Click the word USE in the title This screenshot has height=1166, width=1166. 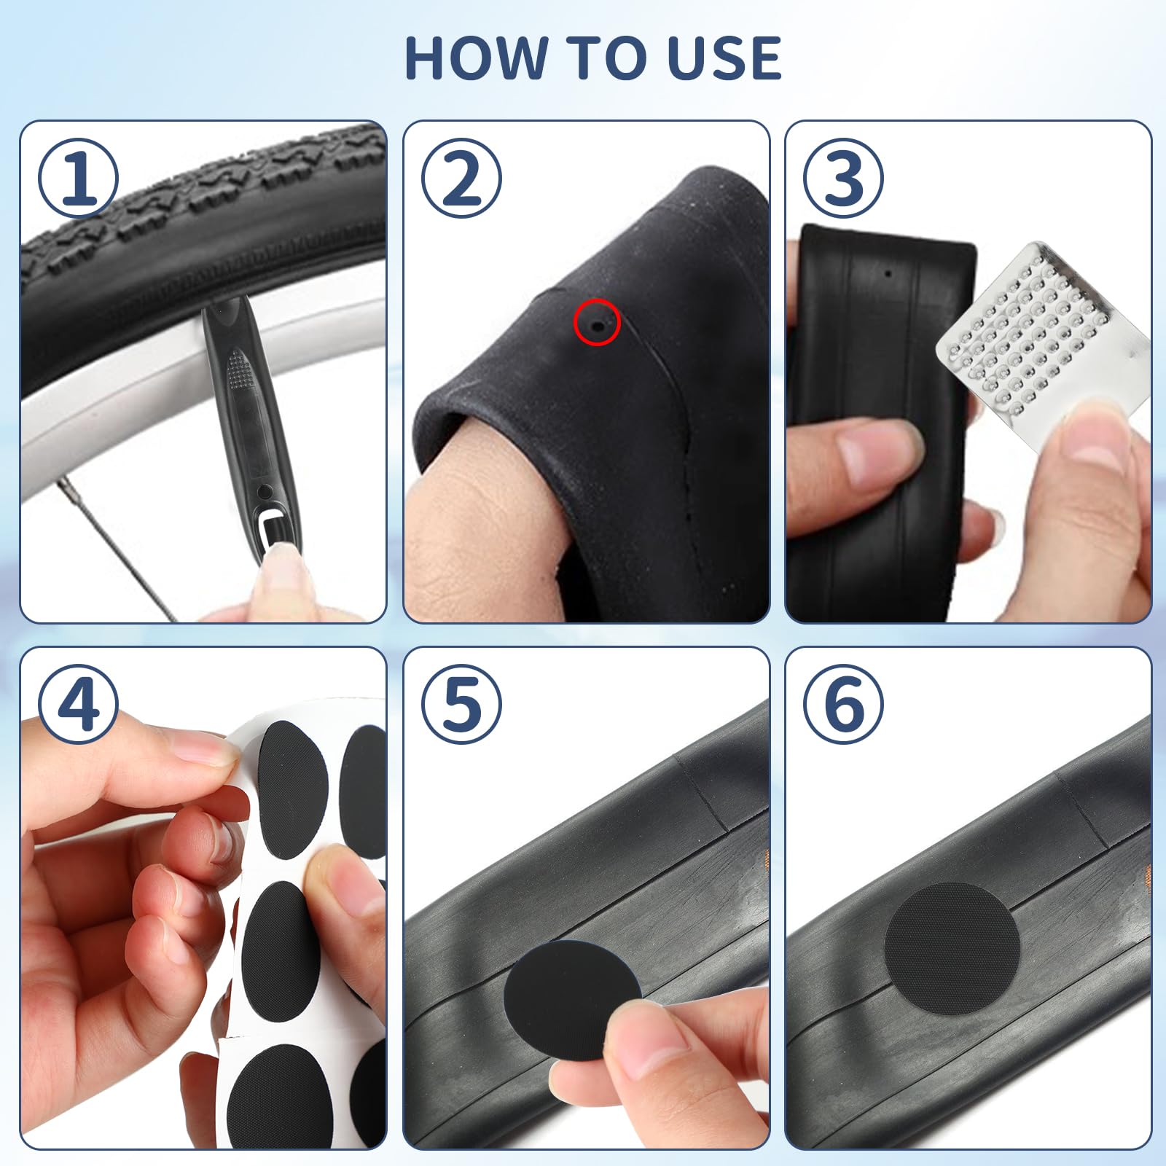coord(724,58)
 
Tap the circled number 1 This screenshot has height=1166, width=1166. coord(78,178)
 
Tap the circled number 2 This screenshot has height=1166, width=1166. coord(461,178)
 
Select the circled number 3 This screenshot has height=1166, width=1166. coord(843,178)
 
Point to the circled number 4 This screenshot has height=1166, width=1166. coord(78,704)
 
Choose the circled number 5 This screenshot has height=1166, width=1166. coord(461,704)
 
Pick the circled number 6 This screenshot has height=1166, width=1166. coord(843,704)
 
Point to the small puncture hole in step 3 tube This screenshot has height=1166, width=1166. coord(888,275)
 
